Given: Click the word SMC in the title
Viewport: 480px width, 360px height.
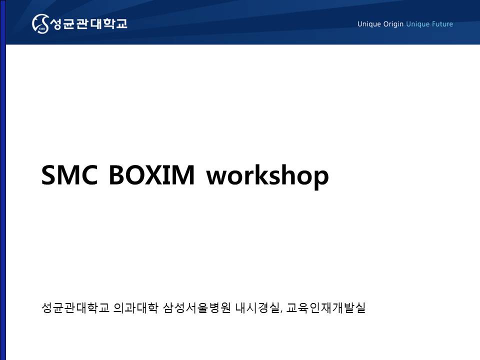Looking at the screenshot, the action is tap(69, 175).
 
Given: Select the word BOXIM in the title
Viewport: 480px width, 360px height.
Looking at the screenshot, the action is tap(151, 175).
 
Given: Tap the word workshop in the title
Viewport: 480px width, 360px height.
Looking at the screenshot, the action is tap(267, 176).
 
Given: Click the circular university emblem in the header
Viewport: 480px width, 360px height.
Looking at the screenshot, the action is tap(40, 23).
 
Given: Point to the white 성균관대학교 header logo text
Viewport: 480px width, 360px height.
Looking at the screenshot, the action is tap(88, 23).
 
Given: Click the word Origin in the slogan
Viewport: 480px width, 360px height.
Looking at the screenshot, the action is tap(393, 24).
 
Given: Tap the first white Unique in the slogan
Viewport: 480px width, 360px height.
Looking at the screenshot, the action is tap(369, 24).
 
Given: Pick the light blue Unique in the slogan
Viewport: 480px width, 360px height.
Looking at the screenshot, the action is tap(417, 24).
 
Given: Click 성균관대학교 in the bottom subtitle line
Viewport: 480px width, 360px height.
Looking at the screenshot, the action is tap(75, 307).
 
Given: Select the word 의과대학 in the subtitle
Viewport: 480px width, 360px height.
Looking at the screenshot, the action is tap(135, 307).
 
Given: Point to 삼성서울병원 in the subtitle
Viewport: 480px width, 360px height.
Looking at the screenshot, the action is tap(196, 307).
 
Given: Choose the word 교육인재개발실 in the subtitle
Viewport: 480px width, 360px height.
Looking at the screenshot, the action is tap(325, 307).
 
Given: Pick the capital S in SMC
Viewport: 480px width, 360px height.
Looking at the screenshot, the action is tap(49, 175).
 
